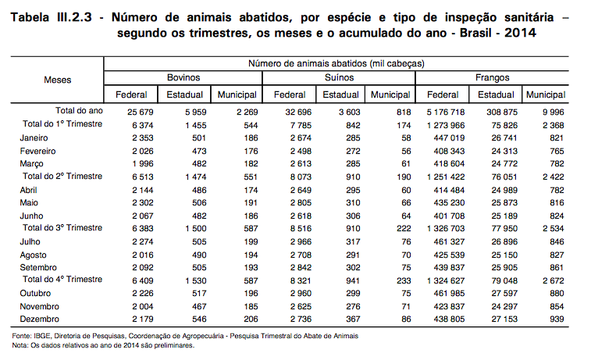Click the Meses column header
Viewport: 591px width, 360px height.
point(57,80)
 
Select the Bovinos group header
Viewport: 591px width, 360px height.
point(183,77)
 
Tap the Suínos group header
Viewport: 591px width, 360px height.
point(340,77)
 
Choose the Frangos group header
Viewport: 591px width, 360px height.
point(493,77)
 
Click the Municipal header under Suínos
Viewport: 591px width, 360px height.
point(390,94)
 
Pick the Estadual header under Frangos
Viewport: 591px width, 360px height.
point(496,94)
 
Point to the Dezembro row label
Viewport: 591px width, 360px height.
point(40,319)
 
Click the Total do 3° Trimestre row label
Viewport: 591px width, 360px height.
point(62,228)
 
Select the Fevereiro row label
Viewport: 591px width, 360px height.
point(37,151)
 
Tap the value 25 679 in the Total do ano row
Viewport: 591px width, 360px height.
point(141,112)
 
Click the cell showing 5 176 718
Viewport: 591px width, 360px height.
point(446,112)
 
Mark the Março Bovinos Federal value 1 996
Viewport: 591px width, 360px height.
point(142,164)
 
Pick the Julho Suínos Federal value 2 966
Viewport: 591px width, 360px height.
point(301,241)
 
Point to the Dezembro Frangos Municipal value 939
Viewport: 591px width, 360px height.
point(557,319)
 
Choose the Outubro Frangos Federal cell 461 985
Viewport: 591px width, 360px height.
point(449,294)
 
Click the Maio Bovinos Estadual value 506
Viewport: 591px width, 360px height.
point(199,203)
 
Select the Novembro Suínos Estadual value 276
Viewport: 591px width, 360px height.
point(353,306)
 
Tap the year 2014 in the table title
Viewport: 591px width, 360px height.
point(520,33)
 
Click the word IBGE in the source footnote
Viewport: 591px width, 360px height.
point(42,336)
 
